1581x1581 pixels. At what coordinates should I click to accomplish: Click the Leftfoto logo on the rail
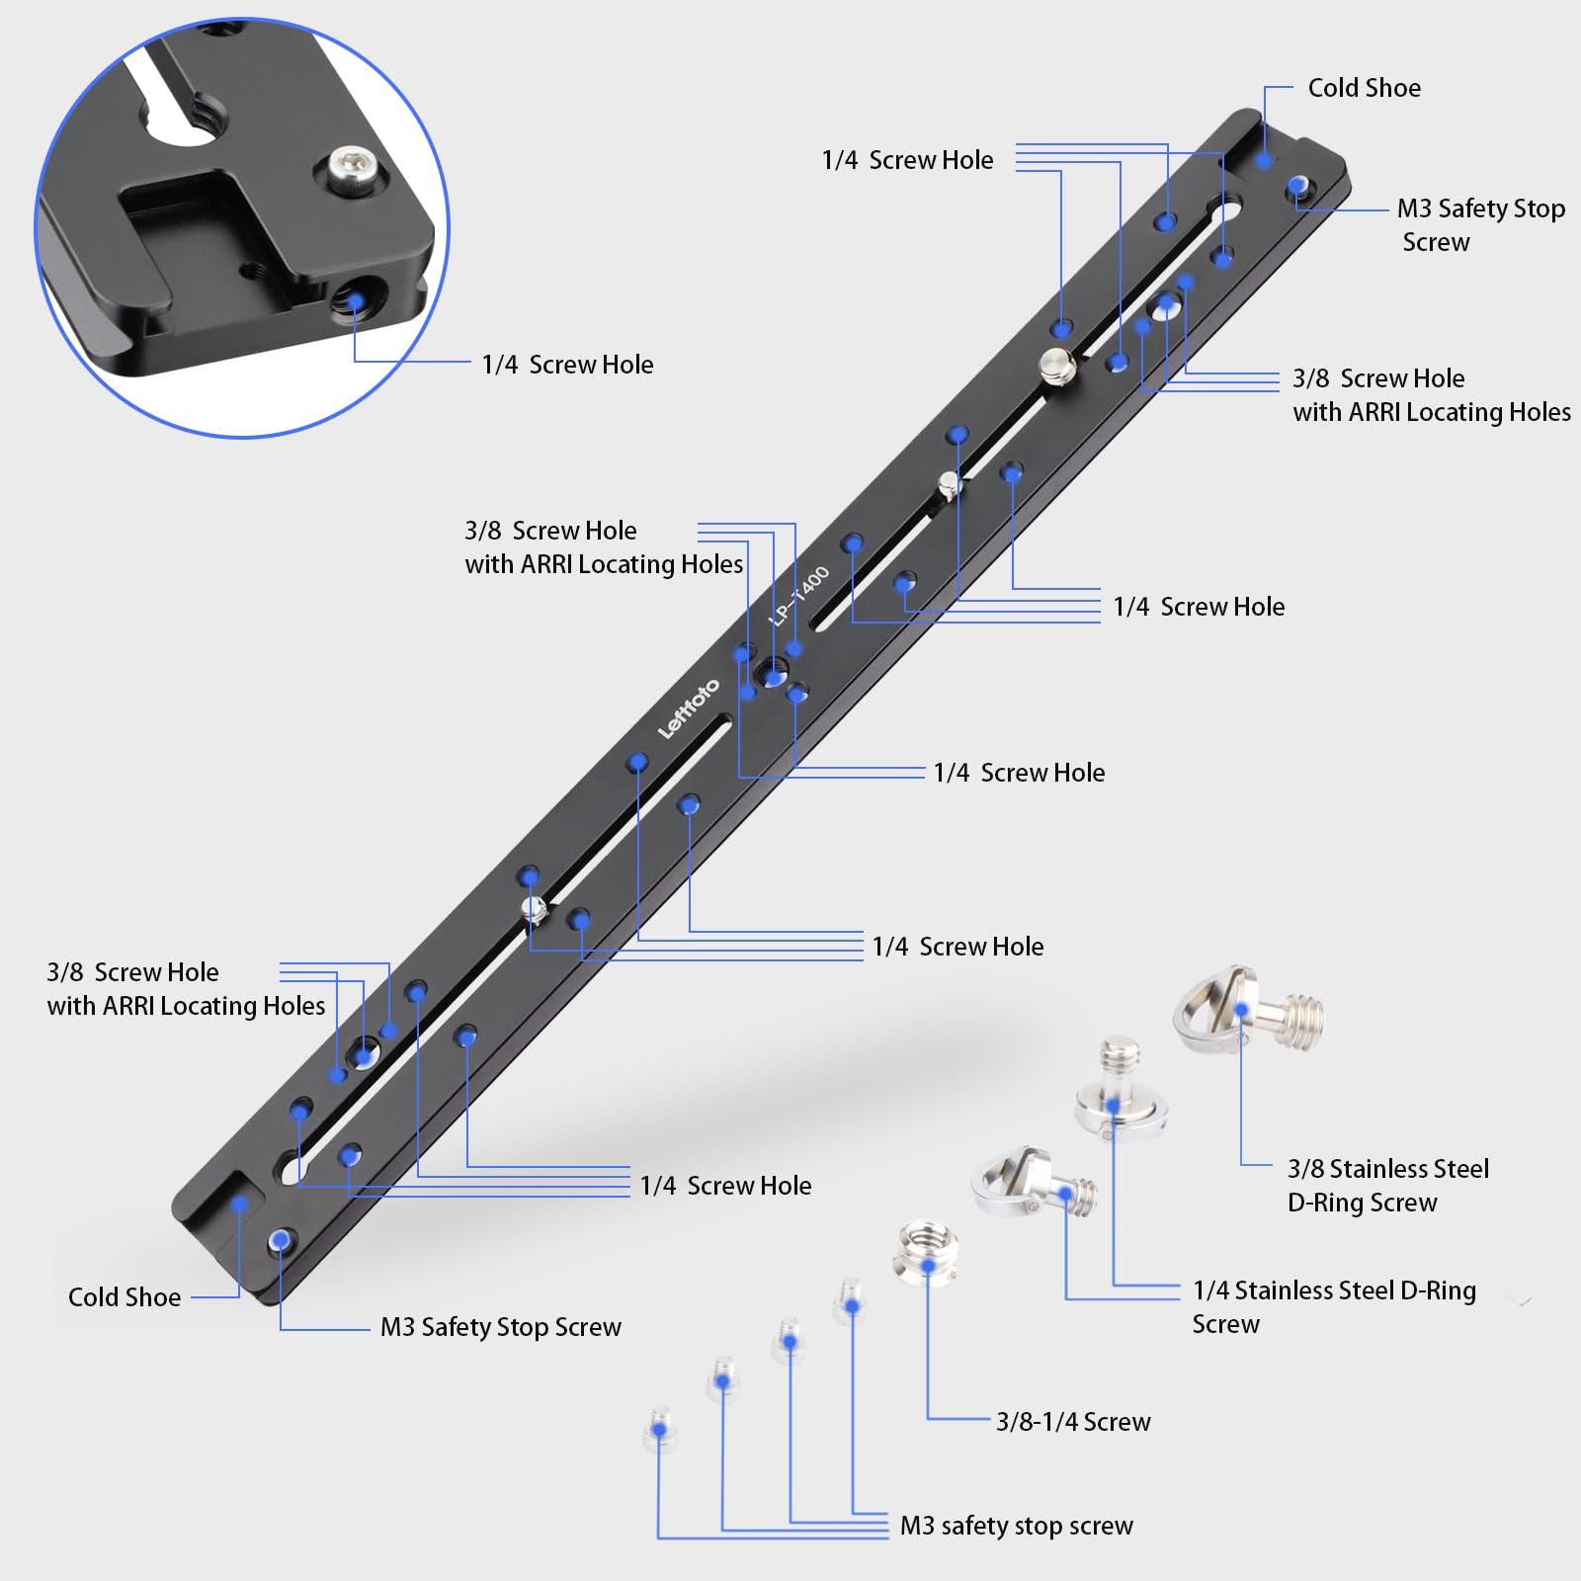point(689,708)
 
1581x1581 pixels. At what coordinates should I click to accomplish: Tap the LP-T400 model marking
point(800,595)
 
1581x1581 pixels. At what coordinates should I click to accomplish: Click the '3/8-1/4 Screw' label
point(1073,1421)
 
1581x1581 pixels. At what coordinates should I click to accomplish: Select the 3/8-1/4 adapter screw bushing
point(926,1253)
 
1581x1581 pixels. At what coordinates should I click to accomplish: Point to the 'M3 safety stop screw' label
point(1016,1526)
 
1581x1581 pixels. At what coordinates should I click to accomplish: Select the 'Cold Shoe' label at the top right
point(1364,88)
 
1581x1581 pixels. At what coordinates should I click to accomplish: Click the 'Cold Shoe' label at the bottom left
point(125,1296)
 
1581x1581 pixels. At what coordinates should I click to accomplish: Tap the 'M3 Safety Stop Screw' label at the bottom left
point(500,1326)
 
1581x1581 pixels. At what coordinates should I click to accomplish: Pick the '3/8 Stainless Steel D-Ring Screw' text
point(1386,1185)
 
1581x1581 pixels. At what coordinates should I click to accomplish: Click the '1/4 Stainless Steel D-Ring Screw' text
point(1333,1306)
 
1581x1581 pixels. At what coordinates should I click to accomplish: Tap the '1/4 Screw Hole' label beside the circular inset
point(567,365)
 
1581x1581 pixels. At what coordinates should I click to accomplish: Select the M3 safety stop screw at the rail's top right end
point(1298,187)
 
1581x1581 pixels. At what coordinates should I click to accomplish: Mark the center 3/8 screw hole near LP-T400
point(771,677)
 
